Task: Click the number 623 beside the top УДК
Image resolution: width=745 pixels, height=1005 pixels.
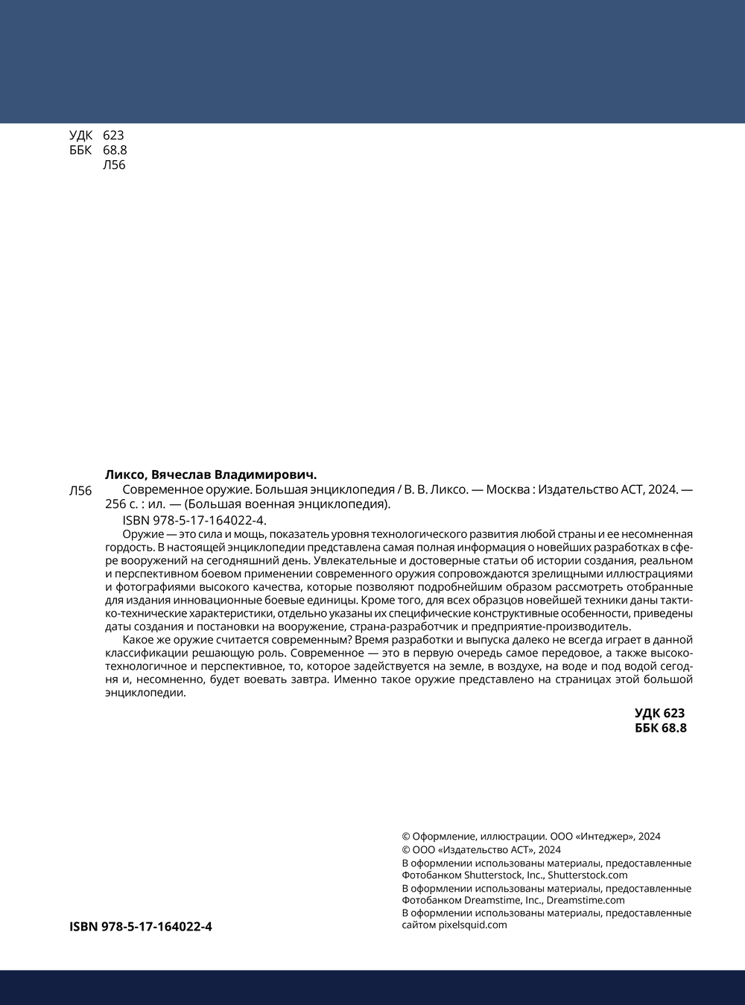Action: click(113, 135)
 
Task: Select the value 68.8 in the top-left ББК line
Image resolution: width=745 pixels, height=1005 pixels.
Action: click(115, 150)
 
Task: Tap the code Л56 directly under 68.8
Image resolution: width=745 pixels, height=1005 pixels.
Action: click(114, 165)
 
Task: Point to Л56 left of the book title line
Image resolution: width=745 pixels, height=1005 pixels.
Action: click(80, 491)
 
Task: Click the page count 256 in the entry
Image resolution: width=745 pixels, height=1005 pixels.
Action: click(115, 504)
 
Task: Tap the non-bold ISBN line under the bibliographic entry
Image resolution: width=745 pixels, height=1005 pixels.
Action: click(194, 520)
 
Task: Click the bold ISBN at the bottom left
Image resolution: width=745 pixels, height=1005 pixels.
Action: click(141, 927)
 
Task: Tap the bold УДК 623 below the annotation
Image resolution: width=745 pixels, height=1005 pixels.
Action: click(659, 713)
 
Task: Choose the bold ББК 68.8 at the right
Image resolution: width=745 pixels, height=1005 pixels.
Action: click(660, 728)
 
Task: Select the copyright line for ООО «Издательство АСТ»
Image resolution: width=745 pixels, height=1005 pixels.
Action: click(481, 850)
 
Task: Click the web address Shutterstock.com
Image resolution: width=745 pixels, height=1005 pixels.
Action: click(588, 875)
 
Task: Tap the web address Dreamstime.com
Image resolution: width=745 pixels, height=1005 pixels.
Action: click(586, 900)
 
